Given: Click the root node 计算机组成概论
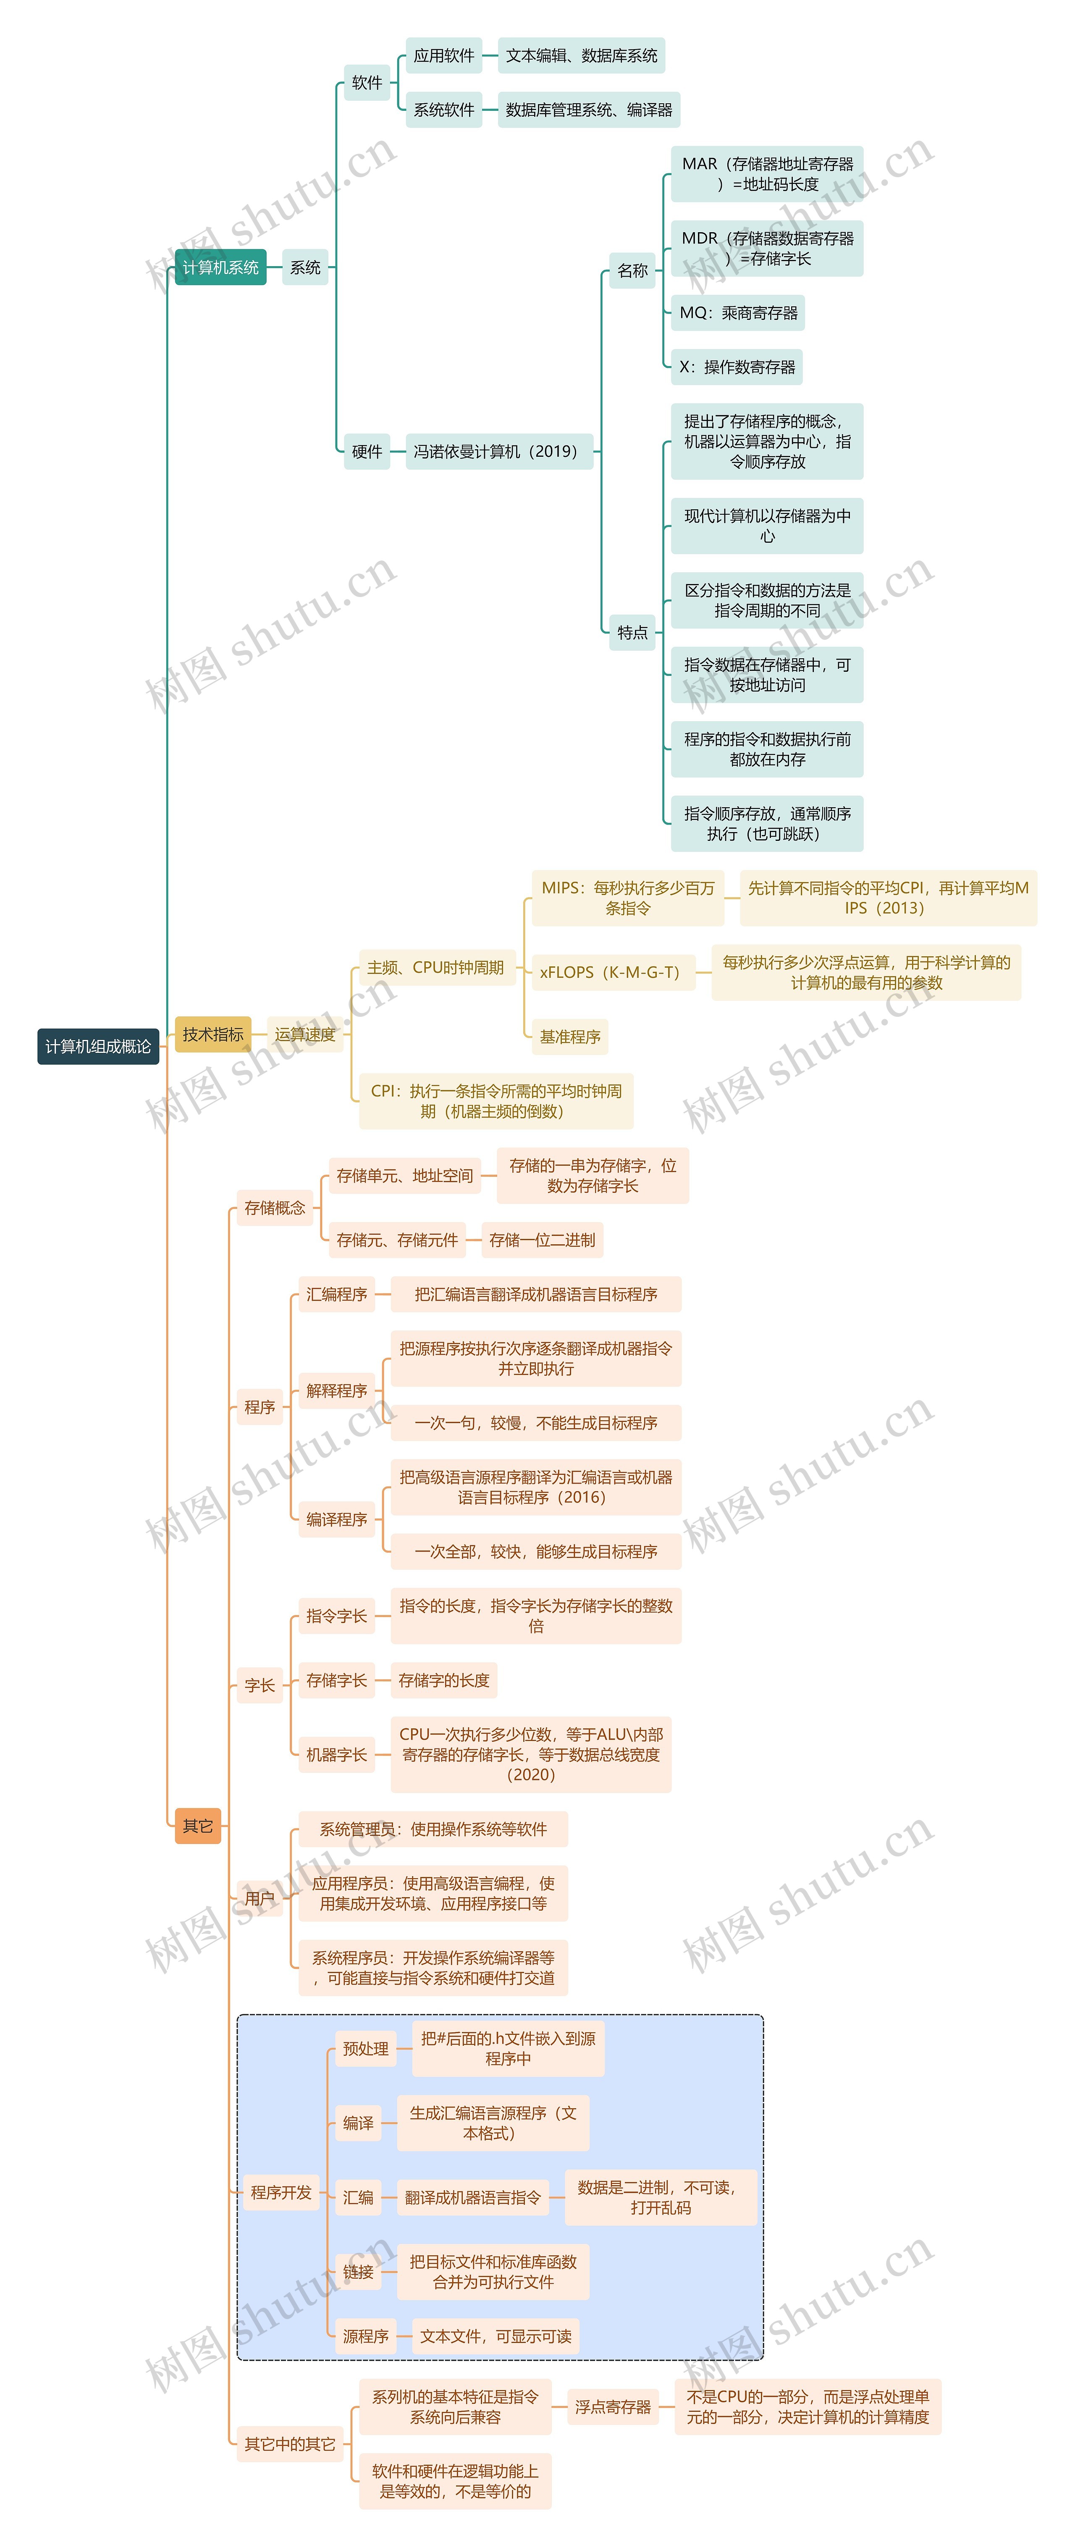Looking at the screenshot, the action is click(98, 1046).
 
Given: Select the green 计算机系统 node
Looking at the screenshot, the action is click(220, 267).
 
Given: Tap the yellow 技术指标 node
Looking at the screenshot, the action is click(212, 1034).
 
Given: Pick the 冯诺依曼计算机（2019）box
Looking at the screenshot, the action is click(496, 451).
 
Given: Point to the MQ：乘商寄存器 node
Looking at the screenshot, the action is click(738, 312).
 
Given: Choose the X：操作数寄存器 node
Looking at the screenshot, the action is click(737, 367).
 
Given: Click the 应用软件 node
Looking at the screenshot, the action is click(444, 55).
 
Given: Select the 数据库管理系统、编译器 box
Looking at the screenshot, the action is click(588, 110).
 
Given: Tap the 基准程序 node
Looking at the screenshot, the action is click(570, 1036).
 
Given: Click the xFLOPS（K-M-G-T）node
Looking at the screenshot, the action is click(609, 972).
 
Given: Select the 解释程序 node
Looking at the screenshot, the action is click(336, 1390).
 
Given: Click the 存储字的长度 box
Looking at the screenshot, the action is click(444, 1680).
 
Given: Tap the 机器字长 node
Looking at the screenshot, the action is click(336, 1754).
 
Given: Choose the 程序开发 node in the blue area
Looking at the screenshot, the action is click(281, 2192).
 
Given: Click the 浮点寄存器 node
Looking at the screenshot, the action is click(613, 2407).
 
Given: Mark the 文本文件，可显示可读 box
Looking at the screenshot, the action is click(496, 2335).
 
